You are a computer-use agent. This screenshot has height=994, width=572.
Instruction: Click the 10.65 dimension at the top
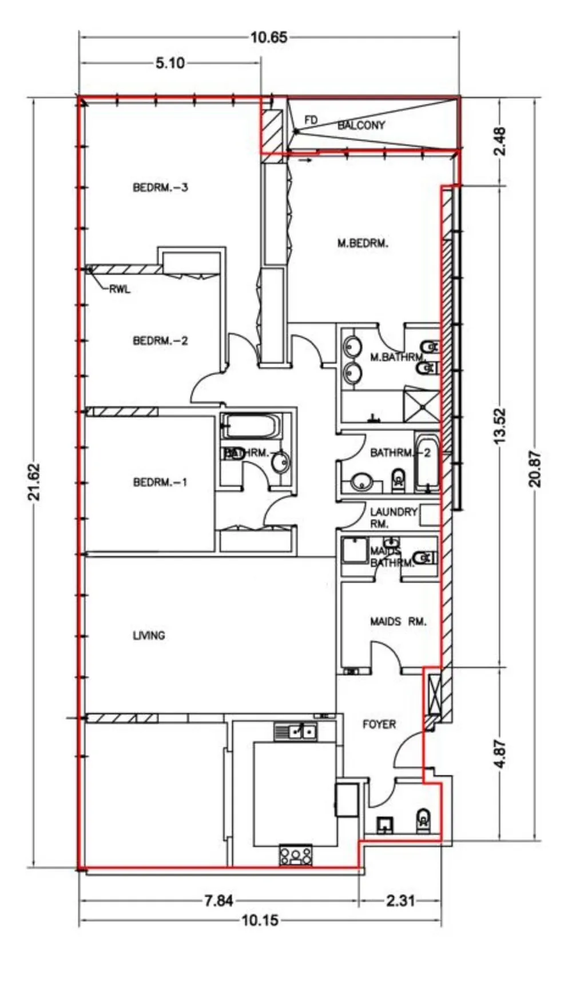[269, 38]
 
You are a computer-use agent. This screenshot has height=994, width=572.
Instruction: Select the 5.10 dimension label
[170, 63]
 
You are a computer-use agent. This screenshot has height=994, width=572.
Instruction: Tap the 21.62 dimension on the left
[35, 482]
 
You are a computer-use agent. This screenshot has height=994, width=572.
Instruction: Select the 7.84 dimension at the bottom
[219, 901]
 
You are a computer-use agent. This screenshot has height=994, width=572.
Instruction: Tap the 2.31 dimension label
[400, 901]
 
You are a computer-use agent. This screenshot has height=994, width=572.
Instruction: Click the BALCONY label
[361, 125]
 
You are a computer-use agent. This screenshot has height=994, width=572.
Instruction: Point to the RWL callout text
[120, 289]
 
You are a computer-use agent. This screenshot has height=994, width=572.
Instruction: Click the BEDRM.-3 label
[160, 187]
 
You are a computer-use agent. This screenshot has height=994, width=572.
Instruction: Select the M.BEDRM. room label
[363, 243]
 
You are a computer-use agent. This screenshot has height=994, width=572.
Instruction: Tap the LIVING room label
[149, 635]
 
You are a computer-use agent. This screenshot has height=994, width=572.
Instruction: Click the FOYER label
[379, 724]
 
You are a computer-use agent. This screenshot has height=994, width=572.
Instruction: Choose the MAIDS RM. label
[398, 621]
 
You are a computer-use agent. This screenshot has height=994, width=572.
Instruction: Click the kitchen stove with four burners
[296, 855]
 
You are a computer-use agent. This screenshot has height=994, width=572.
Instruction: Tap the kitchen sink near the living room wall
[296, 732]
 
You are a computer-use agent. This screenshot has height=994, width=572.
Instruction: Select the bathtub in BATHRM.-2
[427, 464]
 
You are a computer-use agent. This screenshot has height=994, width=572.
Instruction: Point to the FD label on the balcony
[311, 120]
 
